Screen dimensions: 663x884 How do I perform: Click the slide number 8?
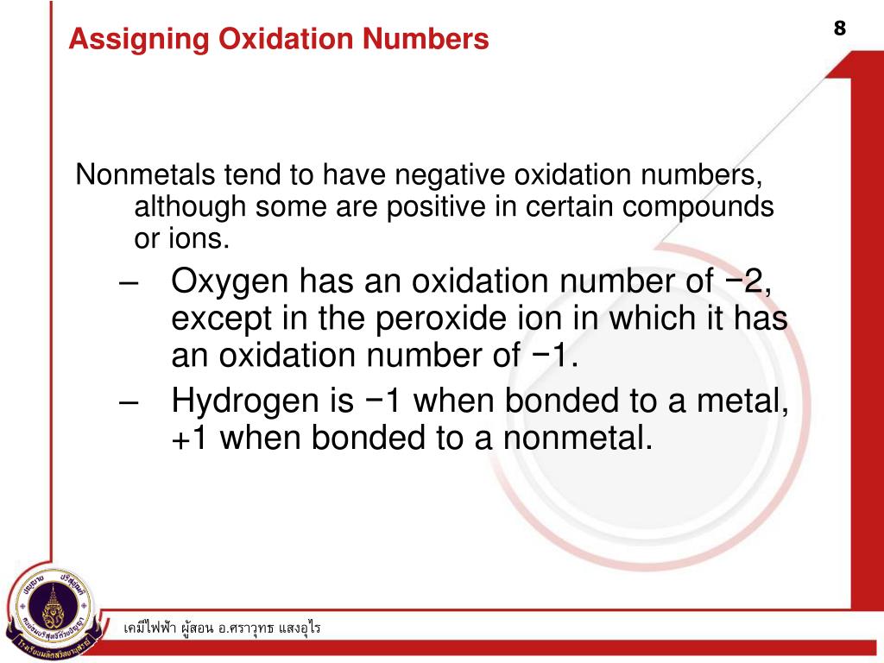pyautogui.click(x=839, y=28)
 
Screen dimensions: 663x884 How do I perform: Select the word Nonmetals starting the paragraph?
pyautogui.click(x=146, y=176)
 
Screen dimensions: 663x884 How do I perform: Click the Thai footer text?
pyautogui.click(x=222, y=628)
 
